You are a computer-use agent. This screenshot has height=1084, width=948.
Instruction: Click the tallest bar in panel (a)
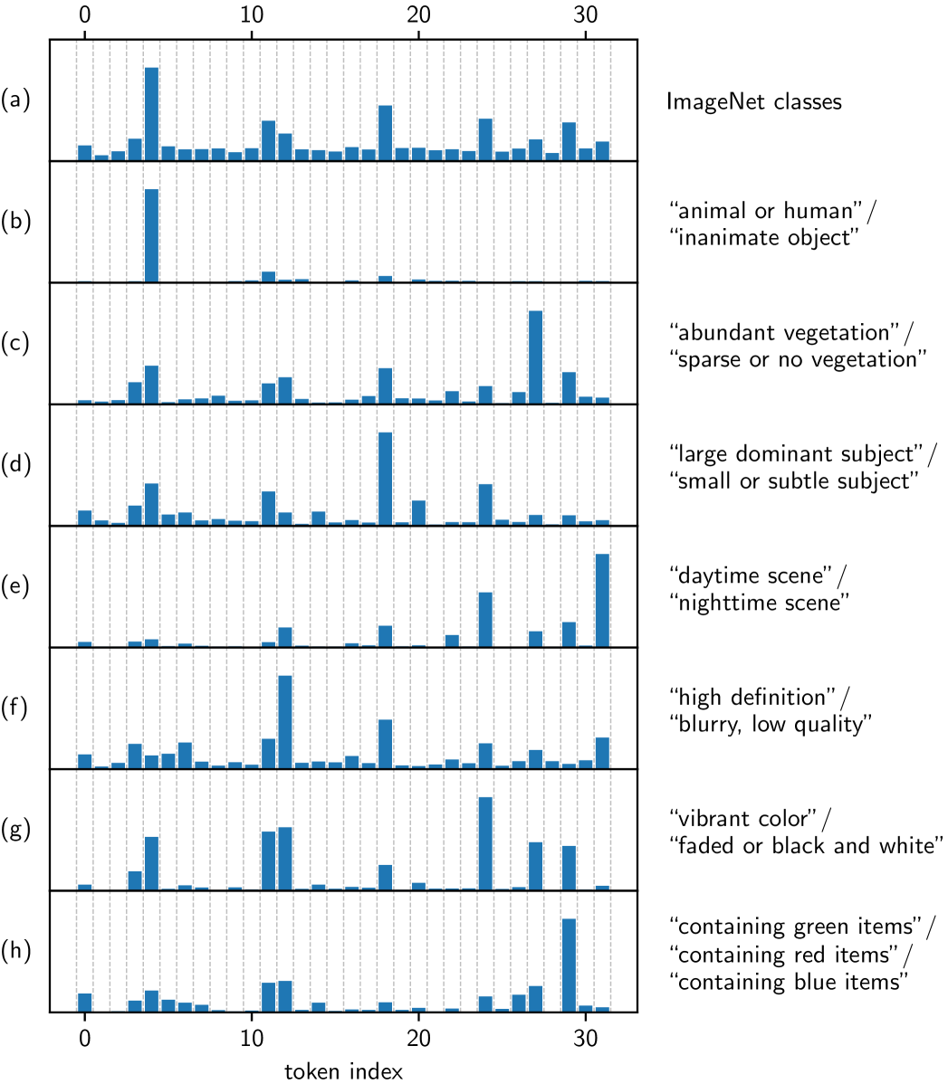(x=151, y=113)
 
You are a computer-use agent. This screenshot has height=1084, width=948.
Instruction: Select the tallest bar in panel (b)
(x=151, y=235)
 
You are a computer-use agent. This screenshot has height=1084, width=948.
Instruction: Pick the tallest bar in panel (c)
(x=535, y=357)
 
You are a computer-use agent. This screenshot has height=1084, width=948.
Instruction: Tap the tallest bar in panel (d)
(x=385, y=478)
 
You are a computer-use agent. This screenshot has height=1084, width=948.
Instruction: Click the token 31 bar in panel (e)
(x=602, y=600)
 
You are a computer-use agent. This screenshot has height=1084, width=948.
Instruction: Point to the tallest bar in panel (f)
(x=284, y=721)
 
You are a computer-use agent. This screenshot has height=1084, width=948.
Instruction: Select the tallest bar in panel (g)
(x=485, y=843)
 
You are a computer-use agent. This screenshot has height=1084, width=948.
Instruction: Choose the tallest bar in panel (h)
(x=569, y=965)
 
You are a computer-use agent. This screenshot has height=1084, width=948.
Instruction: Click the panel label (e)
(x=15, y=587)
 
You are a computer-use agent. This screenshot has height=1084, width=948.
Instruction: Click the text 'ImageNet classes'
(x=753, y=101)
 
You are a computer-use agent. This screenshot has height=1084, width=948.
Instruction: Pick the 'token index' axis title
(x=343, y=1071)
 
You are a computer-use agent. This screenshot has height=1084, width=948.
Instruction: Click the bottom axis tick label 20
(x=418, y=1034)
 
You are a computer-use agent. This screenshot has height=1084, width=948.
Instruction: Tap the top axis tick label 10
(x=251, y=16)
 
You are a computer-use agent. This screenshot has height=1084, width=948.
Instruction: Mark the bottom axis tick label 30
(x=585, y=1034)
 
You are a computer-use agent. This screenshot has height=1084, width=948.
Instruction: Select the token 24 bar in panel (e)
(x=485, y=619)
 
